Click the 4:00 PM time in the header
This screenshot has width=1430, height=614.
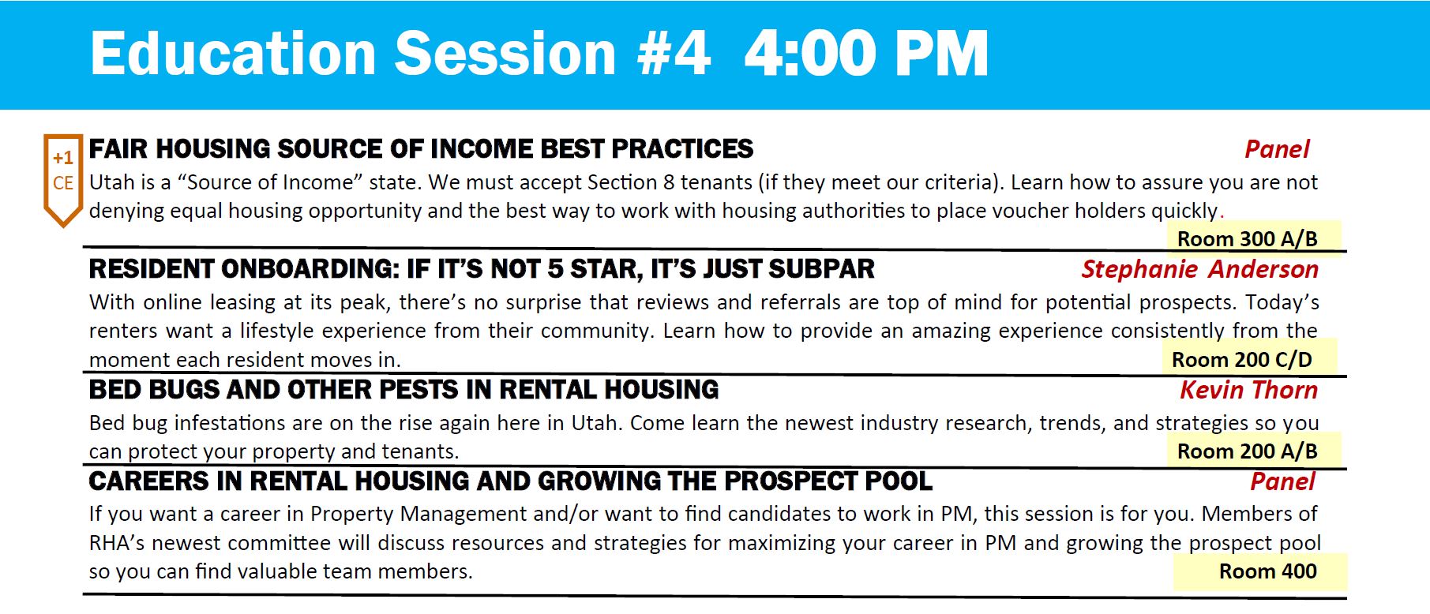pyautogui.click(x=866, y=54)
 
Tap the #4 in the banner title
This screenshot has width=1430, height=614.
pyautogui.click(x=674, y=54)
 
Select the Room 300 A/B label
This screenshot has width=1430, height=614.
pyautogui.click(x=1248, y=238)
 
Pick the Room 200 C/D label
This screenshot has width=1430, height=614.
pyautogui.click(x=1241, y=360)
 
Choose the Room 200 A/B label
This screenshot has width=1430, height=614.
pyautogui.click(x=1248, y=451)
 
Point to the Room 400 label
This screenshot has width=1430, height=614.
pyautogui.click(x=1267, y=571)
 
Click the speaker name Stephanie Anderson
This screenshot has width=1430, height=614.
pyautogui.click(x=1199, y=269)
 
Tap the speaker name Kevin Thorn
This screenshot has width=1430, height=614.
pyautogui.click(x=1248, y=390)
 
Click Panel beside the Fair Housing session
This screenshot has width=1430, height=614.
pyautogui.click(x=1277, y=149)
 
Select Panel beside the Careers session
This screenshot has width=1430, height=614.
pyautogui.click(x=1282, y=481)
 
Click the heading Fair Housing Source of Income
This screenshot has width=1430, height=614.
pyautogui.click(x=421, y=148)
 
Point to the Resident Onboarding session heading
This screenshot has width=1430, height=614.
pyautogui.click(x=482, y=269)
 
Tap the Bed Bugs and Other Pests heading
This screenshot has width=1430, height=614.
pyautogui.click(x=403, y=390)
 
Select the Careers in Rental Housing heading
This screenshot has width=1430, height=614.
pyautogui.click(x=510, y=481)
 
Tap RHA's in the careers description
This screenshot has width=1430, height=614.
pyautogui.click(x=117, y=543)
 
